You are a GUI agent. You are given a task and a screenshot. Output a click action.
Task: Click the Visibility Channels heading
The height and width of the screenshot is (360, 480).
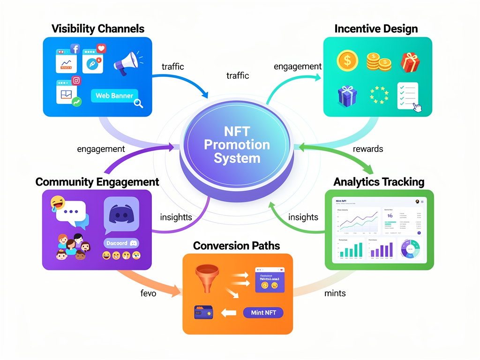97,29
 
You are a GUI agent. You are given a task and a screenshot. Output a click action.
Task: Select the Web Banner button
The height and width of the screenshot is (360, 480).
114,96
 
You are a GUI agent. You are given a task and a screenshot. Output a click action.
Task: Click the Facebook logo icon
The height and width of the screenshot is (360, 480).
75,49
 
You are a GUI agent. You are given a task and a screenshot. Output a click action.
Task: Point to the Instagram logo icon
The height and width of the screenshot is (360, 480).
76,80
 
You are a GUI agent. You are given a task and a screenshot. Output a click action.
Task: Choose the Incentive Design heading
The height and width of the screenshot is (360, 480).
376,29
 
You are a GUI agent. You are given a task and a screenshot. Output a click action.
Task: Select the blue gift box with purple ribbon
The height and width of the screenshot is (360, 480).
348,95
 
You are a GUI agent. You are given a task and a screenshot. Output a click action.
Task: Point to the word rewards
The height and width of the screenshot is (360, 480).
367,149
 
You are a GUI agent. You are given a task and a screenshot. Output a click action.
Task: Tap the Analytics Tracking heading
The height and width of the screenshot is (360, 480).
379,182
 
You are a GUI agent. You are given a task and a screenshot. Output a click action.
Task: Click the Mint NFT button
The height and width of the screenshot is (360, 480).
263,313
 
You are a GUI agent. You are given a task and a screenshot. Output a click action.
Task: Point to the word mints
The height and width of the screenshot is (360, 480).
335,293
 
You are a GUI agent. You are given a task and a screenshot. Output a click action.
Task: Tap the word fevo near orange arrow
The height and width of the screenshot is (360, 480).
148,293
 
